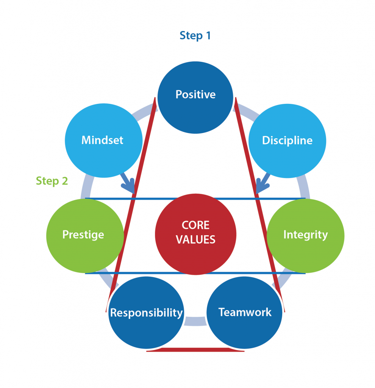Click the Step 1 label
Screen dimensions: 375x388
195,36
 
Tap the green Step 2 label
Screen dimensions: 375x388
52,181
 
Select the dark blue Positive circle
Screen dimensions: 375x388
195,97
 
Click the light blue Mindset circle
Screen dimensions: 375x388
103,140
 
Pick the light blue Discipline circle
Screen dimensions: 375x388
287,141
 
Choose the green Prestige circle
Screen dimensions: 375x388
85,236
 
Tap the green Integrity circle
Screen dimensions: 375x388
305,236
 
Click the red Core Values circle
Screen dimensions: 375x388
195,234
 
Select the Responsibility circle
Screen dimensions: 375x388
146,313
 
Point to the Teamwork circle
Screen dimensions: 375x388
244,313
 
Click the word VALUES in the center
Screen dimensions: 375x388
195,239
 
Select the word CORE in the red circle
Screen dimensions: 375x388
195,225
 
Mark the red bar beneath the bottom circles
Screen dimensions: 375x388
195,349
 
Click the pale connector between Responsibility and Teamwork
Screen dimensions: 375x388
195,321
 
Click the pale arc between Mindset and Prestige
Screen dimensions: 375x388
87,187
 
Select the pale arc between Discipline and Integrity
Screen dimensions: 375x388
304,187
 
